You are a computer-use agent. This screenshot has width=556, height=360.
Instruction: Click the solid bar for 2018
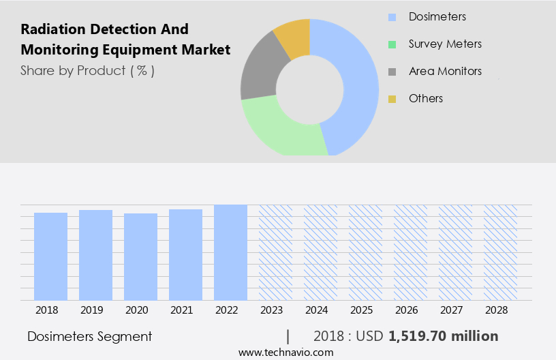pos(50,256)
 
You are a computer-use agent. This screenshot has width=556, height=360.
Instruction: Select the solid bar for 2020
pos(140,256)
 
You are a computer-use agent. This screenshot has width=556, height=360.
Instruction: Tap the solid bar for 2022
pos(230,252)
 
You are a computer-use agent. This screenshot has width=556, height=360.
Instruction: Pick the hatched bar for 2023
pos(275,252)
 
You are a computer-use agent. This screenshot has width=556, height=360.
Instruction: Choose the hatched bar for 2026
pos(410,252)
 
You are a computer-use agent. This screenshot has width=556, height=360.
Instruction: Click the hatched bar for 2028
pos(500,252)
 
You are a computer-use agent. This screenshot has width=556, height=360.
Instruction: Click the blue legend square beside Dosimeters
pos(392,17)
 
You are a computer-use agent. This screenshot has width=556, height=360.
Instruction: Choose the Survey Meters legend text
pos(445,44)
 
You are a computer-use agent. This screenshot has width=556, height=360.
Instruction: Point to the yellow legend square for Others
pos(392,99)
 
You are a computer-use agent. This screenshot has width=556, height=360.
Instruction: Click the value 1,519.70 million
pos(443,336)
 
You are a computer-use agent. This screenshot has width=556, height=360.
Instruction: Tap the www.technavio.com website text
pos(285,352)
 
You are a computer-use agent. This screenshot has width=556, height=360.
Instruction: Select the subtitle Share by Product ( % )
pos(87,70)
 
